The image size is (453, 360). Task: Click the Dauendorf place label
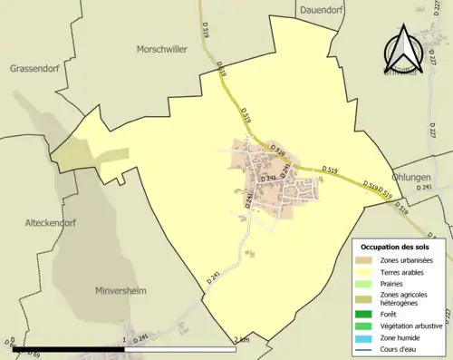[323, 10]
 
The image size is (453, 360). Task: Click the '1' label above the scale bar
[123, 341]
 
